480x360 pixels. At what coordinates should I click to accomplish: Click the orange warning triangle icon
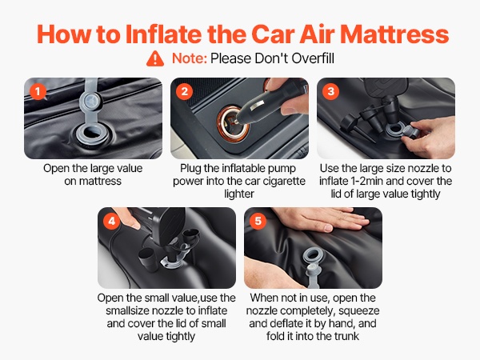(x=155, y=58)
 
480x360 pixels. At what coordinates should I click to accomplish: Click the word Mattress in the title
(x=394, y=34)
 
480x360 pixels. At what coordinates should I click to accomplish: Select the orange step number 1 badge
(x=38, y=91)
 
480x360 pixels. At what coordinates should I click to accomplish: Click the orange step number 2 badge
(x=184, y=91)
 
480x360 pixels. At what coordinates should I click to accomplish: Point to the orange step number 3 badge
(x=330, y=91)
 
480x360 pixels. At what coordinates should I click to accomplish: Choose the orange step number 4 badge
(x=111, y=221)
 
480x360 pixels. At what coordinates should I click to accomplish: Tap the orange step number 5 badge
(x=258, y=221)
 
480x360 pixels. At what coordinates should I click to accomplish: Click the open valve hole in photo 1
(x=93, y=133)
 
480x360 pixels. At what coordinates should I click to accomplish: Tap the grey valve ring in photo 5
(x=312, y=257)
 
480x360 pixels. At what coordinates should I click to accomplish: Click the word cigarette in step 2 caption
(x=283, y=181)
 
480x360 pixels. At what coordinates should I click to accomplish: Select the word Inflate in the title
(x=163, y=34)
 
